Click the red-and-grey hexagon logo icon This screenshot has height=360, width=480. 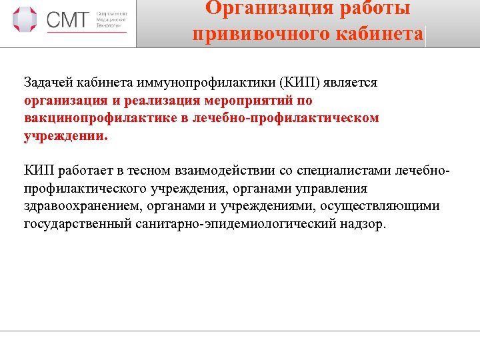25,19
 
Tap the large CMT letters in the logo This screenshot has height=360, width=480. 67,20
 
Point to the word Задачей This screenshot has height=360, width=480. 49,83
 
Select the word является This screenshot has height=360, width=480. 354,83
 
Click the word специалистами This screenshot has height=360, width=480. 350,171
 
